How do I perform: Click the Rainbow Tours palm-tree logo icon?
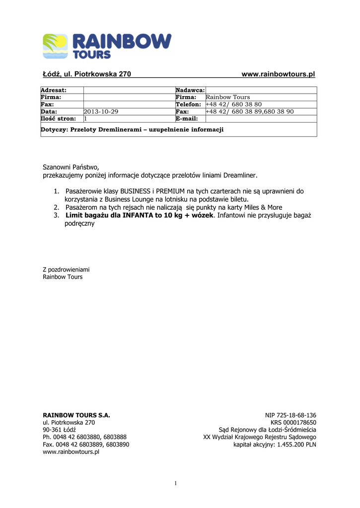pos(55,46)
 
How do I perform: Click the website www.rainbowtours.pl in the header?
pos(278,74)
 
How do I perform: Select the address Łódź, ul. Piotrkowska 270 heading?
pos(86,74)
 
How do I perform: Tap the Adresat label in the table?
pos(54,90)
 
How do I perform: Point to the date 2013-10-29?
pos(101,112)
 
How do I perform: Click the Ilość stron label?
pos(58,119)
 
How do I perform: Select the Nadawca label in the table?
pos(190,90)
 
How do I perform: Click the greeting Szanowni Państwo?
pos(71,167)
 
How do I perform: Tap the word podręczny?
pos(79,224)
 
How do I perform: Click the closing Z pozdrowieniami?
pos(66,269)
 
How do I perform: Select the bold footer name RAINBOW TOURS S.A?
pos(76,415)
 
